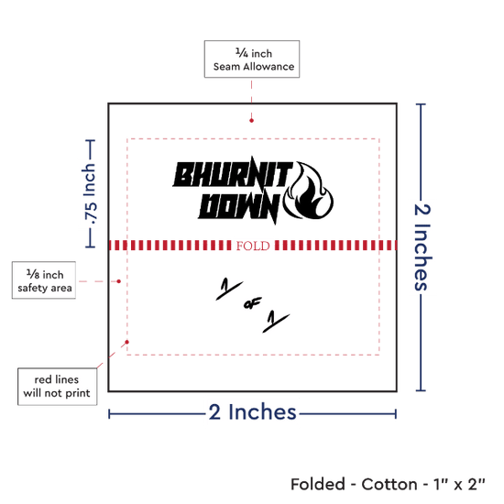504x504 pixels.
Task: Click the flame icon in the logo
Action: (309, 191)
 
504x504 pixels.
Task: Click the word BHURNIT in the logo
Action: (233, 173)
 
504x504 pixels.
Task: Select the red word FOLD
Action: (253, 246)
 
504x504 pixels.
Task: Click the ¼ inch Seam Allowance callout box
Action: (252, 60)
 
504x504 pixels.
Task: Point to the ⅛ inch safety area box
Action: (44, 280)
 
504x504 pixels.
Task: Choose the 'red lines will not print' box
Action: (57, 387)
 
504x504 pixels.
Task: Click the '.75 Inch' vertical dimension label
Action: (90, 194)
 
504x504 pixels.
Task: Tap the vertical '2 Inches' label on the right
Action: (422, 247)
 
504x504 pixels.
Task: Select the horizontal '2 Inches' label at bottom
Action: (252, 412)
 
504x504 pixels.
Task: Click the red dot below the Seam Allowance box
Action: (251, 121)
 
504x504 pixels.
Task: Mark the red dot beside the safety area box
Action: (118, 281)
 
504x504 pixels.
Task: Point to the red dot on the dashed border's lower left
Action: (127, 342)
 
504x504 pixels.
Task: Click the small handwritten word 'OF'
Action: (252, 303)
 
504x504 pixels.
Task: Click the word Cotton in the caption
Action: (389, 485)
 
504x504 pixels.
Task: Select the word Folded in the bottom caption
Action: (318, 485)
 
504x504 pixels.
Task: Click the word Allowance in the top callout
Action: (268, 67)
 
